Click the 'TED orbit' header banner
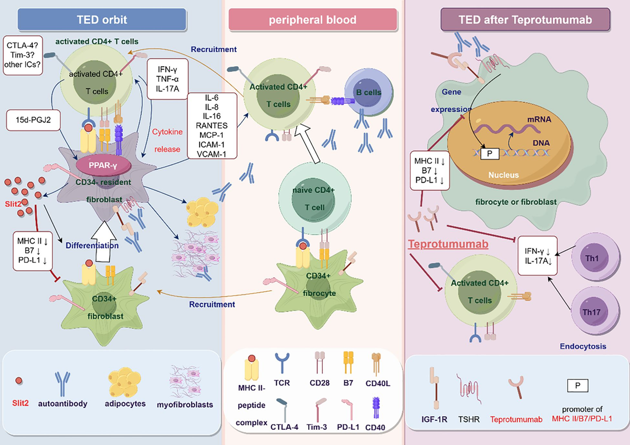(x=102, y=20)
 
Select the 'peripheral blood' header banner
(x=312, y=20)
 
